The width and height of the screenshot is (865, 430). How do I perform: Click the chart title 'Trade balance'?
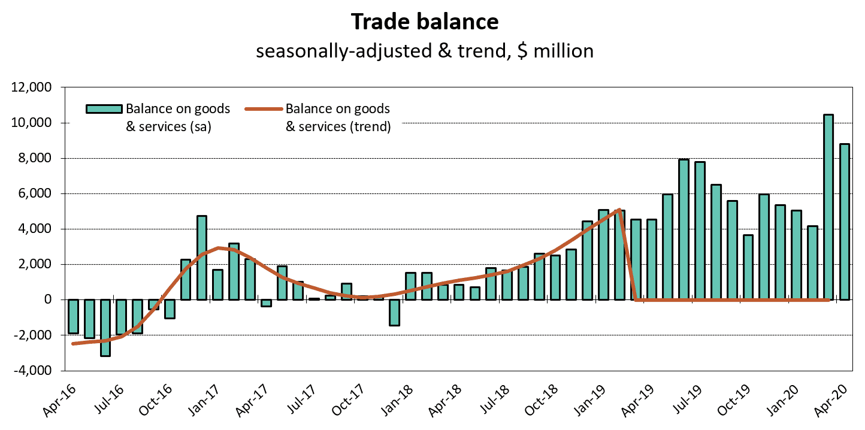(x=425, y=21)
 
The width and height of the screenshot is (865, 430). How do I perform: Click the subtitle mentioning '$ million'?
(x=425, y=50)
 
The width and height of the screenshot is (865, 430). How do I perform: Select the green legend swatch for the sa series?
(x=104, y=109)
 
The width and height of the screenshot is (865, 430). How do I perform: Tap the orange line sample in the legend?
(x=263, y=109)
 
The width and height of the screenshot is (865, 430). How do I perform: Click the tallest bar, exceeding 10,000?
(x=828, y=207)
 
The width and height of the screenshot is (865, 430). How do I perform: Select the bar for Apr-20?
(x=844, y=222)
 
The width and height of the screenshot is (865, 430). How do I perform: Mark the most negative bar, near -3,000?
(x=105, y=328)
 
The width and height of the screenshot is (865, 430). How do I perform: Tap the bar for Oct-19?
(x=748, y=267)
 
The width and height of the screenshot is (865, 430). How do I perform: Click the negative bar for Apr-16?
(x=73, y=316)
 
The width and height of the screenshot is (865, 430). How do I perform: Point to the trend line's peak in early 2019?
(x=619, y=210)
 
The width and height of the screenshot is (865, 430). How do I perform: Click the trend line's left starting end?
(x=73, y=343)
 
